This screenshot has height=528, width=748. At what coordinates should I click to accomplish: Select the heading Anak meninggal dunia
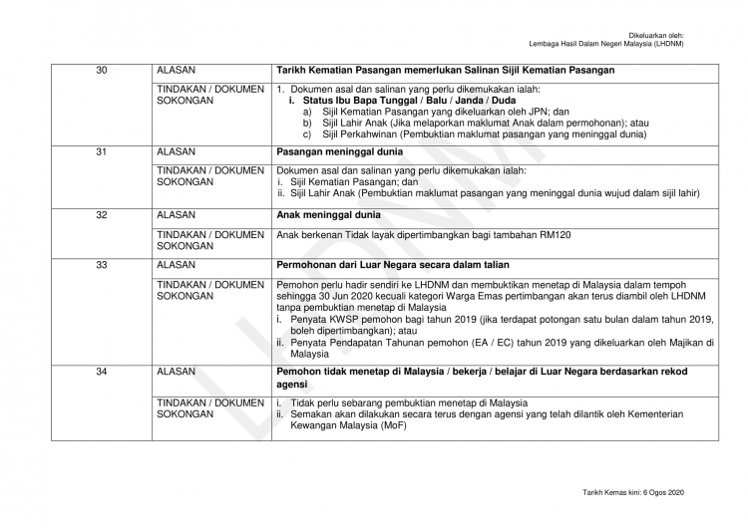[327, 215]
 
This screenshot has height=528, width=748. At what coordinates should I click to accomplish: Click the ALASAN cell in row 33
[177, 265]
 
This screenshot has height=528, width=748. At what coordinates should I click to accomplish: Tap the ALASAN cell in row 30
[177, 71]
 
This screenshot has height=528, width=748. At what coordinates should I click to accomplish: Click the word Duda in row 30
[504, 102]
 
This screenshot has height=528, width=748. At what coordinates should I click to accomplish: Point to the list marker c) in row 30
[308, 134]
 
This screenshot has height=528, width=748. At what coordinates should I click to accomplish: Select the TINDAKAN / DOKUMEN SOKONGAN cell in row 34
[209, 407]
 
